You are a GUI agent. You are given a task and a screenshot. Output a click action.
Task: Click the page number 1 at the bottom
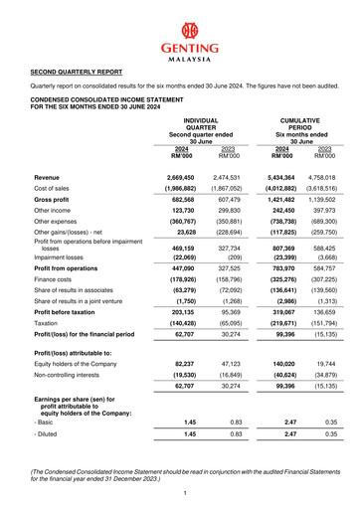[x=180, y=493]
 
